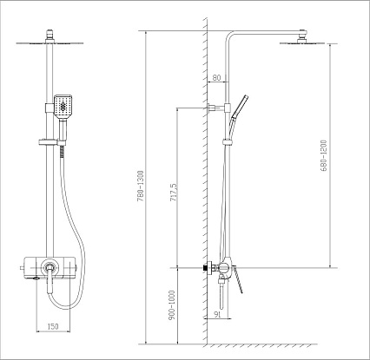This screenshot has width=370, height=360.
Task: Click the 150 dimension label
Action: point(53,326)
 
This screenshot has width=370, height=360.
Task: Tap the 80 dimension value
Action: point(216,77)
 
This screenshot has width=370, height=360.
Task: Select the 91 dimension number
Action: point(217,315)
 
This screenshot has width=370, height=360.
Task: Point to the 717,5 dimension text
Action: point(174,192)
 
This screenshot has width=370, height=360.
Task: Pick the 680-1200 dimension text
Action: point(324,155)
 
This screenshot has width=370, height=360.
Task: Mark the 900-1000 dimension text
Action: point(172,305)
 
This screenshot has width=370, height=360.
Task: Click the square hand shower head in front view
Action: point(63,107)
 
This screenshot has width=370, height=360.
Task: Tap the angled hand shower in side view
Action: point(239,110)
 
